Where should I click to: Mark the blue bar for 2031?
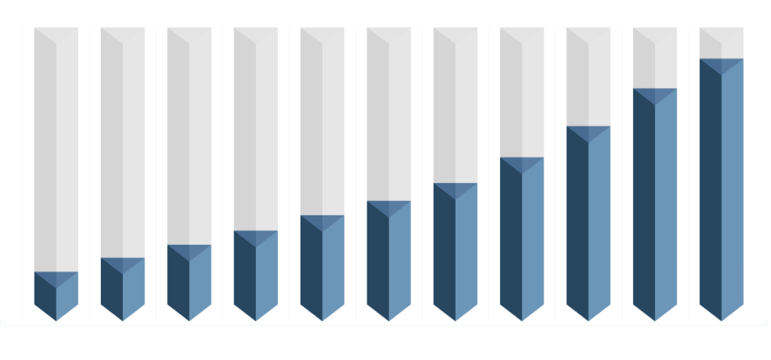point(654,203)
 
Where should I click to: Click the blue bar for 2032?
point(721,188)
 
